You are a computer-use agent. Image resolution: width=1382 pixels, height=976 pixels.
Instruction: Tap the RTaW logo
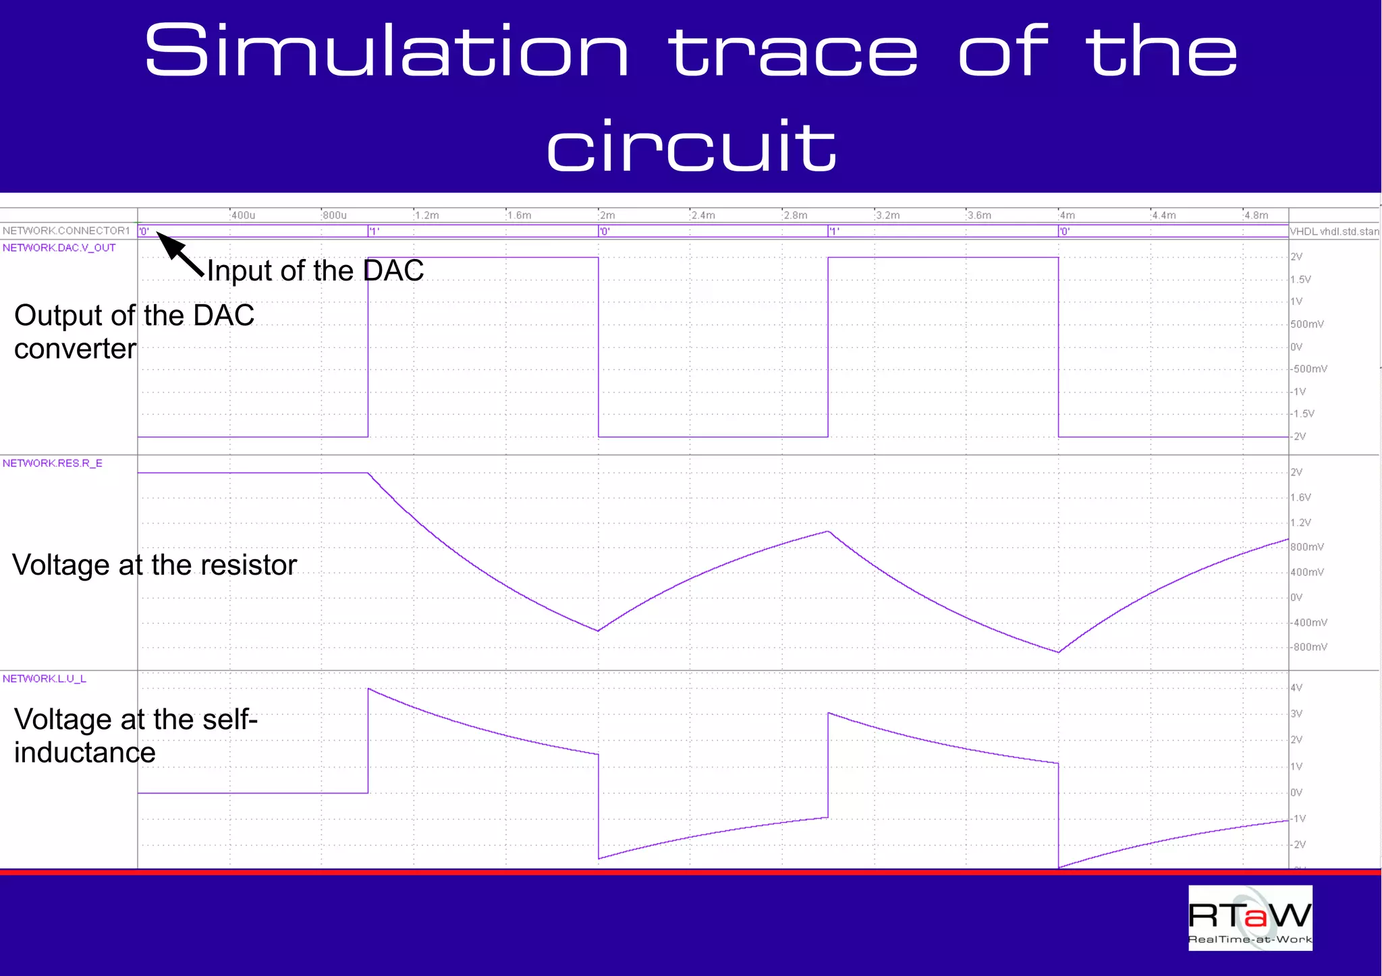click(1250, 917)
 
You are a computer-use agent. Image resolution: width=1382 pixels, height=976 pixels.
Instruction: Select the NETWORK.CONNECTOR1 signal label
click(66, 231)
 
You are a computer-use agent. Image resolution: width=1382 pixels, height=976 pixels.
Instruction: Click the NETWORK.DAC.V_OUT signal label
click(59, 248)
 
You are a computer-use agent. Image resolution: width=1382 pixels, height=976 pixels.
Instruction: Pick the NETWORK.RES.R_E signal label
click(53, 463)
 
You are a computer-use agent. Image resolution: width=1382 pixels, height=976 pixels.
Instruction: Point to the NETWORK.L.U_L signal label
click(45, 679)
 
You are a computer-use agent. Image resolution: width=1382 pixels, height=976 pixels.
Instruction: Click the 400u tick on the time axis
click(243, 215)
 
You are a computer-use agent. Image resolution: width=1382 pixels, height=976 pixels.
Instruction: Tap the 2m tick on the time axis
click(607, 215)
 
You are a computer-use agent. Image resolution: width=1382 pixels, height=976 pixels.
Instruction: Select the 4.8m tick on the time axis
click(1256, 215)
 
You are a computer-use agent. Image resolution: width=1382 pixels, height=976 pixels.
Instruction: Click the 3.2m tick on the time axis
click(887, 215)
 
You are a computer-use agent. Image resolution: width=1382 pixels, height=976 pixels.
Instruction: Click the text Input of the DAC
click(315, 270)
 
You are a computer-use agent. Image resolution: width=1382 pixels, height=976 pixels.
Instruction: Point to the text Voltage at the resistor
click(155, 565)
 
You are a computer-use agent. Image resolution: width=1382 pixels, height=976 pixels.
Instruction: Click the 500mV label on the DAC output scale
click(1307, 324)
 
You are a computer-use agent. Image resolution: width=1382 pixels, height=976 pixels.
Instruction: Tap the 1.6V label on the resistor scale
click(1300, 498)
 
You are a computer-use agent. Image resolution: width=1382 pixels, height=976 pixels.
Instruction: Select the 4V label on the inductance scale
click(1296, 688)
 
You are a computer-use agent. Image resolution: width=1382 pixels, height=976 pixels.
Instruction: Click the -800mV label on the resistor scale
click(1309, 648)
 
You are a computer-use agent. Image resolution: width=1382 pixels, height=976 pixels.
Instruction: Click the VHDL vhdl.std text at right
click(1334, 231)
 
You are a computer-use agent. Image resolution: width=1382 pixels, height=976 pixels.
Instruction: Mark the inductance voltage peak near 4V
click(369, 689)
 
